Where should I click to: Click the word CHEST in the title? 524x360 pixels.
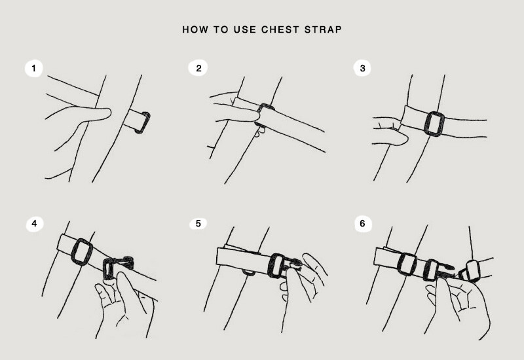[280, 29]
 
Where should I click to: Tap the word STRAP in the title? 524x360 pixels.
[323, 29]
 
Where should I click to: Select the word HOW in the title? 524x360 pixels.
[195, 29]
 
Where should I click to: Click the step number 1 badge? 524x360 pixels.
[34, 69]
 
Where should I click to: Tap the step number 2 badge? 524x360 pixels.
[198, 68]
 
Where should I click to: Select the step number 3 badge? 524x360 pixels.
[362, 68]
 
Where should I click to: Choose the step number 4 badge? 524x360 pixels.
[34, 223]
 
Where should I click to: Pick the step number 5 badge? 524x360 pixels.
[198, 223]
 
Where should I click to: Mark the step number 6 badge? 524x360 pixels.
[363, 223]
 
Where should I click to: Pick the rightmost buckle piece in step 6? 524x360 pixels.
[470, 271]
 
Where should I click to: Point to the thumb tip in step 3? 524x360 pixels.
[405, 138]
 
